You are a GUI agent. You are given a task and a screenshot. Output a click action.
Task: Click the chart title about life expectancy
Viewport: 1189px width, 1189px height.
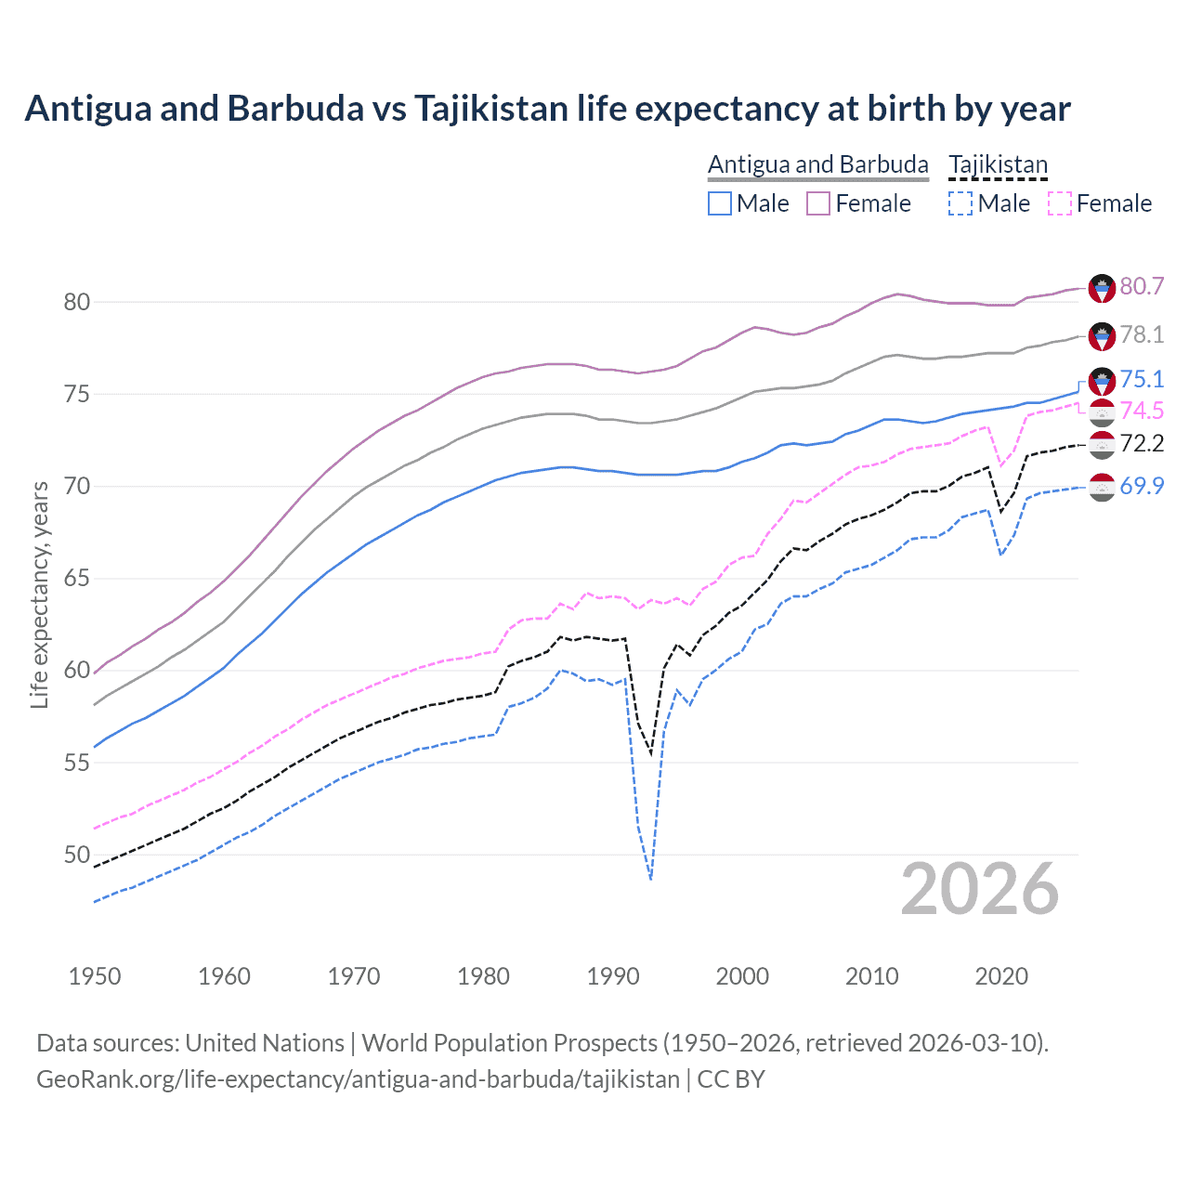pyautogui.click(x=547, y=109)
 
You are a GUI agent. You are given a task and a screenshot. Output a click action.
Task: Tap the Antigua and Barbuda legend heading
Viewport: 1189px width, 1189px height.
pyautogui.click(x=817, y=164)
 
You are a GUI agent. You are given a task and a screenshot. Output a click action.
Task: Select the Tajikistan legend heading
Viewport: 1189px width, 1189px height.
pyautogui.click(x=998, y=164)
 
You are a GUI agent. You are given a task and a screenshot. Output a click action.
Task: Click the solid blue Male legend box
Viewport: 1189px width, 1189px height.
pyautogui.click(x=720, y=203)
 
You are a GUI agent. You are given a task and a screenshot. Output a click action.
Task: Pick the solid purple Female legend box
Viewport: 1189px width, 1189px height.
pyautogui.click(x=817, y=203)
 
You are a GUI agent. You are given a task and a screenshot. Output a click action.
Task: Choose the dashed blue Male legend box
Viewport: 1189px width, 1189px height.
pyautogui.click(x=960, y=203)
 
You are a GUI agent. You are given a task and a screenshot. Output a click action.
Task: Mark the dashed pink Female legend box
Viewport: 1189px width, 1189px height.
pyautogui.click(x=1059, y=203)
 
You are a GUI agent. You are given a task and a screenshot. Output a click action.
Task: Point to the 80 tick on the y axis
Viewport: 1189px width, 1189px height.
pyautogui.click(x=76, y=302)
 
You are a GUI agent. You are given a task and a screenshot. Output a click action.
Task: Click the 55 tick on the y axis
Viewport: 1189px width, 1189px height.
pyautogui.click(x=76, y=763)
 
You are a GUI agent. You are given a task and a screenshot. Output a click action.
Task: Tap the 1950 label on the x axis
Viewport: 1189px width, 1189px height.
pyautogui.click(x=95, y=976)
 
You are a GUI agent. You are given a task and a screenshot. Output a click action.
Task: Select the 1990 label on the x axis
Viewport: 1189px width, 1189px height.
pyautogui.click(x=613, y=976)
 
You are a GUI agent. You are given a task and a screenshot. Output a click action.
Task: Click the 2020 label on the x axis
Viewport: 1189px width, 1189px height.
pyautogui.click(x=1001, y=976)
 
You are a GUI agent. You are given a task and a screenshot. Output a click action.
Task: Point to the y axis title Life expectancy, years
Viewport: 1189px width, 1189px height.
pyautogui.click(x=39, y=594)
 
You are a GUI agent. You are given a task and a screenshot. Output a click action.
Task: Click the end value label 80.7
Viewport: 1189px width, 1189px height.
pyautogui.click(x=1142, y=286)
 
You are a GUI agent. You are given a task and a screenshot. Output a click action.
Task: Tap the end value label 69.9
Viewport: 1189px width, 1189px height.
pyautogui.click(x=1142, y=486)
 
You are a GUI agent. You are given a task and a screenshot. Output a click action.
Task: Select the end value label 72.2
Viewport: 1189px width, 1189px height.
pyautogui.click(x=1142, y=443)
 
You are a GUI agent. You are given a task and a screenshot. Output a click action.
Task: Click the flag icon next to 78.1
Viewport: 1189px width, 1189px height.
pyautogui.click(x=1102, y=336)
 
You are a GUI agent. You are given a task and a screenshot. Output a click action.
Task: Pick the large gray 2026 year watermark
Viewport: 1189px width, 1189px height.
pyautogui.click(x=979, y=889)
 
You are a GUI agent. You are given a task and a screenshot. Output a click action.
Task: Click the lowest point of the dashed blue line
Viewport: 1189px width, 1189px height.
pyautogui.click(x=651, y=879)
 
